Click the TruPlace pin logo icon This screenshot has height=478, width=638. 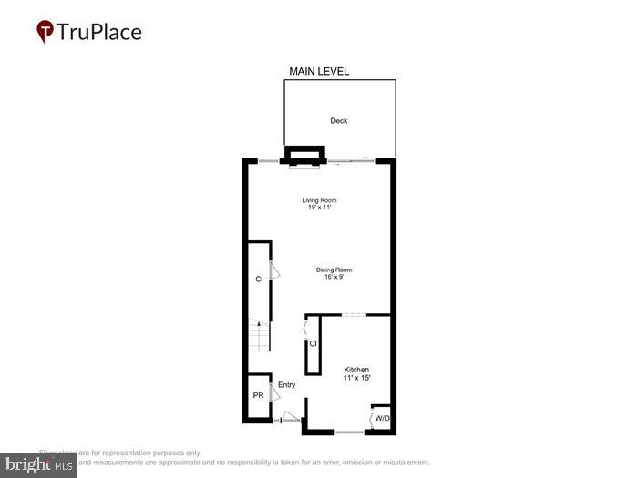[x=45, y=32]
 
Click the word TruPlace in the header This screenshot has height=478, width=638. [x=100, y=32]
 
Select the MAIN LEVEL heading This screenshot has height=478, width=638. [x=319, y=71]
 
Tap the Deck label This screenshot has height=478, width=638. [x=338, y=120]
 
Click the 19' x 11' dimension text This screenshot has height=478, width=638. [x=319, y=208]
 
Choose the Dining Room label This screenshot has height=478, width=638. [x=334, y=270]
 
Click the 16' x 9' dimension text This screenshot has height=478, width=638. [x=334, y=277]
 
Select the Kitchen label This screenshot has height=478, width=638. [x=356, y=369]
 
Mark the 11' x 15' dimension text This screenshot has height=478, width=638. [x=356, y=377]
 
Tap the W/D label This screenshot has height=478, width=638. [x=381, y=419]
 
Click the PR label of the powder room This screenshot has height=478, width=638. [x=258, y=396]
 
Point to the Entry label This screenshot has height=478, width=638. [x=287, y=385]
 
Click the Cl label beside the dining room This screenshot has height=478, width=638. [x=259, y=280]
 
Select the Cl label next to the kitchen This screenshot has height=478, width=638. [x=313, y=343]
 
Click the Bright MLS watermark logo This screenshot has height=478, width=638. [x=38, y=464]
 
